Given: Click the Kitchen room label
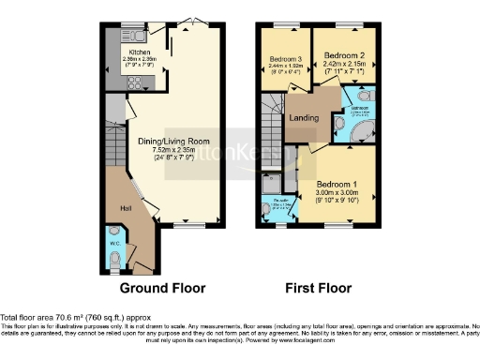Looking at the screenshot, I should click(x=139, y=52).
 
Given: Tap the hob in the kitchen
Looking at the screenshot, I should click(x=133, y=82).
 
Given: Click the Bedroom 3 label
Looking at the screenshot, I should click(x=284, y=59).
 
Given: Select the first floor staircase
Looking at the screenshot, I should click(x=270, y=122).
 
